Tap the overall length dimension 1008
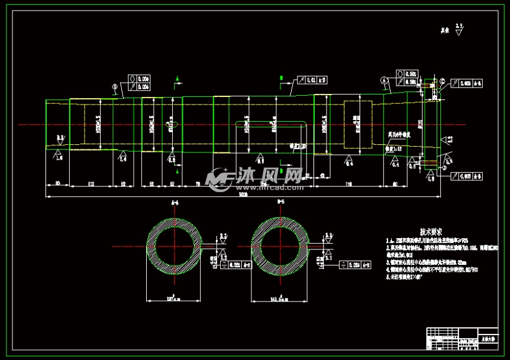point(243,194)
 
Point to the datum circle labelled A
point(384,80)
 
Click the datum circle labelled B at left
point(114,88)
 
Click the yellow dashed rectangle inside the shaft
point(358,124)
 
